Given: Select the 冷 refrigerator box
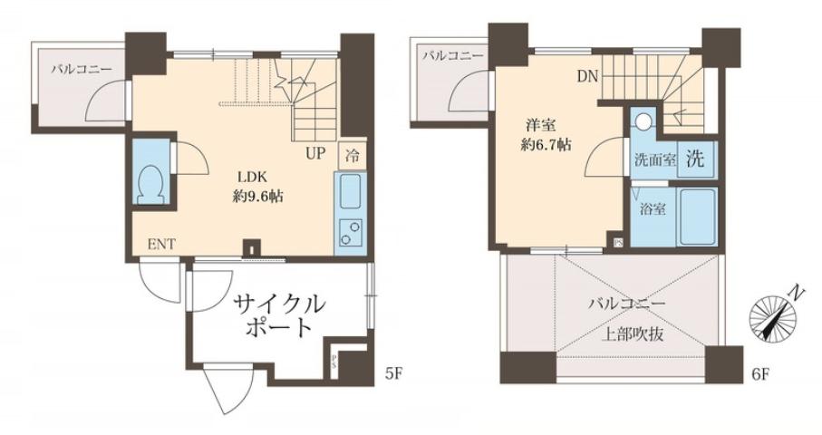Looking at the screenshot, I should coord(351,154).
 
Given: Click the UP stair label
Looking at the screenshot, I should coord(314,152).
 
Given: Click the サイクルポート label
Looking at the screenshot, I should coord(278,314).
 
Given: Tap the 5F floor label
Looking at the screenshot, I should coord(392,372).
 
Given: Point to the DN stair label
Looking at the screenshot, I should coord(586,76).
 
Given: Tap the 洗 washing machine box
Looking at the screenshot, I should coord(694,159).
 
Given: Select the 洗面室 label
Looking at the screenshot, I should coord(654,160).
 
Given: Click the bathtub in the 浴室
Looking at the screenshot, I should coord(698,217).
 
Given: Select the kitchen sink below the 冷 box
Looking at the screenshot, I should coord(350,192).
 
